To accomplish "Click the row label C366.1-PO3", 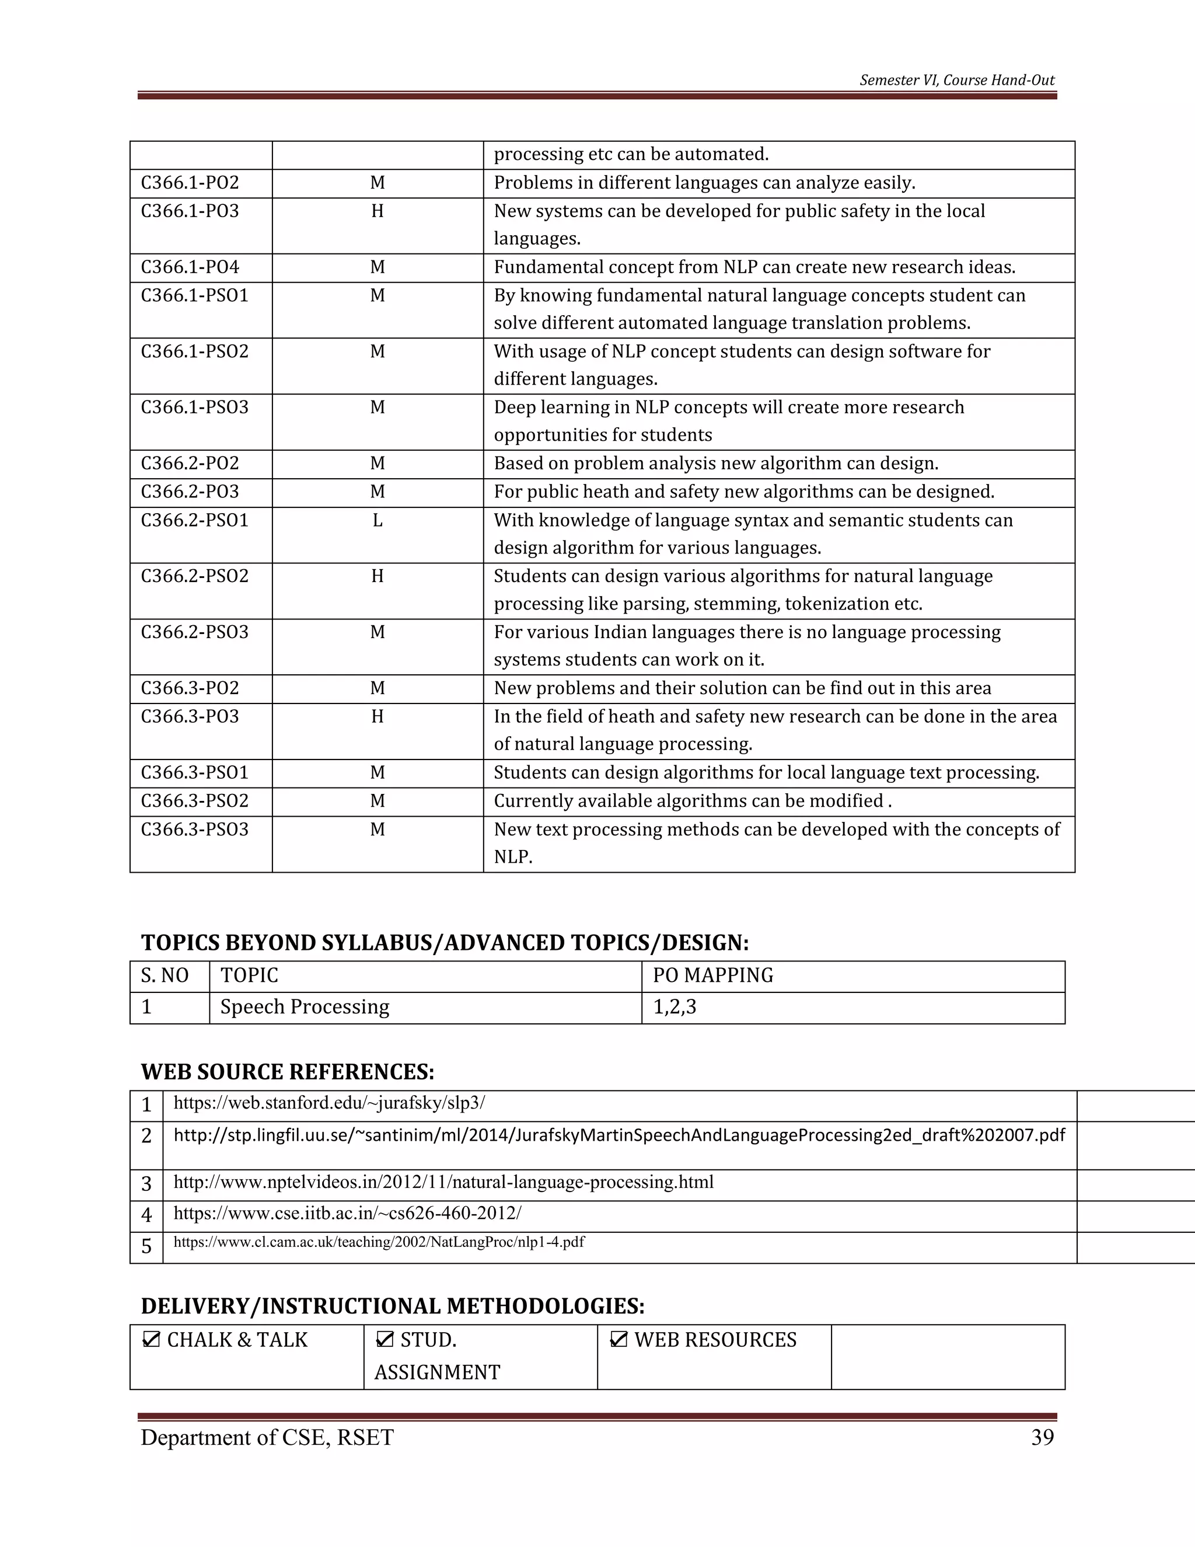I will [x=190, y=211].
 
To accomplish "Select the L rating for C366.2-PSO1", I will [x=378, y=521].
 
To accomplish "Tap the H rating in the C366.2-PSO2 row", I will [x=378, y=577].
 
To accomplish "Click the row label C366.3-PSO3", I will [x=195, y=830].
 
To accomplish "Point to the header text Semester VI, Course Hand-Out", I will [x=956, y=80].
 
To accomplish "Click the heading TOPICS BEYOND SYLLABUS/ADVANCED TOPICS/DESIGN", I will [x=445, y=943].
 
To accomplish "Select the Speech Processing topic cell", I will [x=305, y=1007].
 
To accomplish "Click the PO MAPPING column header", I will [x=713, y=976].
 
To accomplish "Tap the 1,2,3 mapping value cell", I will [x=674, y=1007].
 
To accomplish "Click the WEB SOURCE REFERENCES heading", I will [x=288, y=1072].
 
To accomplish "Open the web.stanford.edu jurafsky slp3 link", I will [x=329, y=1103].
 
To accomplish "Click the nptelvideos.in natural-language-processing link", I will [x=443, y=1182].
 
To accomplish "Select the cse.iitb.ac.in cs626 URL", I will [x=347, y=1214].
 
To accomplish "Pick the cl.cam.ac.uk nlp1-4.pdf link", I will [x=379, y=1242].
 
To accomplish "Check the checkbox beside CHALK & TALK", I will [x=150, y=1339].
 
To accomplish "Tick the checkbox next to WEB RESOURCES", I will [x=618, y=1339].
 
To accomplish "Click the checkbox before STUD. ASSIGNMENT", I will [x=385, y=1339].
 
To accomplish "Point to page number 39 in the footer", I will [x=1042, y=1437].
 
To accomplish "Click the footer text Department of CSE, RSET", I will [x=267, y=1437].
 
